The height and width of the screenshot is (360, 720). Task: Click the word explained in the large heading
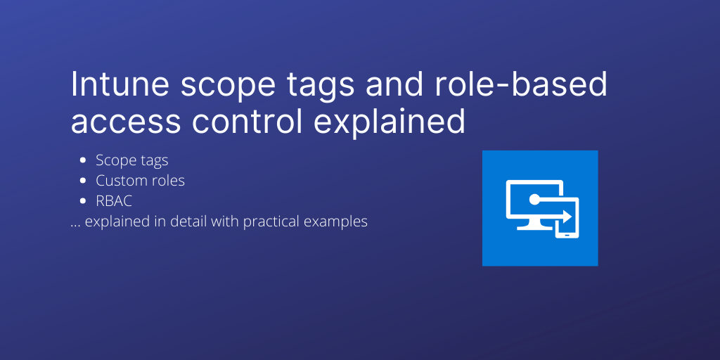coord(390,122)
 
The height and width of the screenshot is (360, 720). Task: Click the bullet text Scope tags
coord(132,161)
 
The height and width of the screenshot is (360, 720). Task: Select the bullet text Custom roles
coord(141,181)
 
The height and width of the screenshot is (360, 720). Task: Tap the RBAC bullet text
coord(115,201)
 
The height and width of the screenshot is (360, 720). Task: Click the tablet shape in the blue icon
coord(567,219)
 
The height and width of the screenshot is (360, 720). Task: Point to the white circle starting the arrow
coord(535,200)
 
